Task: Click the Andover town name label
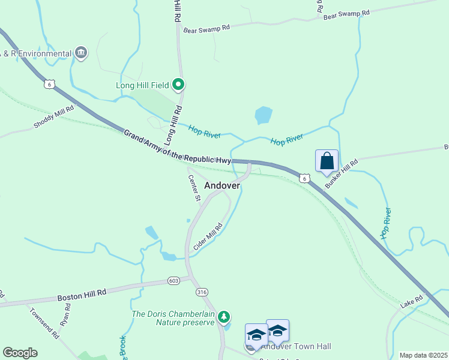(x=222, y=185)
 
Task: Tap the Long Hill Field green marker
(x=178, y=85)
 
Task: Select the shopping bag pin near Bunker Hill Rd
(x=327, y=161)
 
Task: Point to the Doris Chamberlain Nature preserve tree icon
(x=224, y=316)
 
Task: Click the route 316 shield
(x=202, y=292)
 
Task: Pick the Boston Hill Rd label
(x=82, y=293)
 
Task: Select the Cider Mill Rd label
(x=208, y=237)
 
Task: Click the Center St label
(x=194, y=187)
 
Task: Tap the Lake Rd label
(x=412, y=301)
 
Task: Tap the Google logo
(x=20, y=353)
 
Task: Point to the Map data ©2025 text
(x=423, y=355)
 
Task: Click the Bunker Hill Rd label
(x=341, y=174)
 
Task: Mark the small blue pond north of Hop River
(x=263, y=115)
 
